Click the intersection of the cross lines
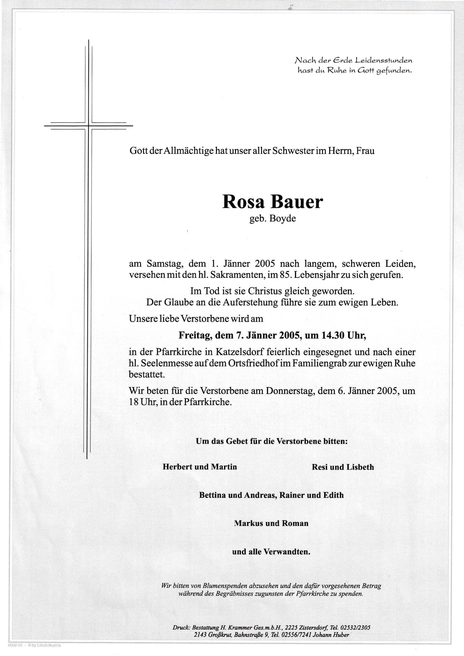click(88, 126)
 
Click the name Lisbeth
click(360, 467)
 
